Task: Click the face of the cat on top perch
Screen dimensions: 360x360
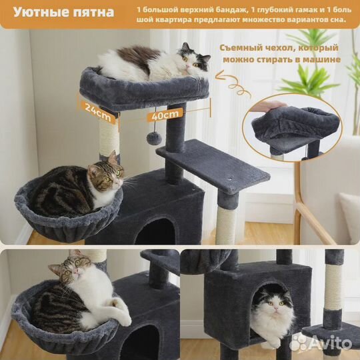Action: [x=193, y=62]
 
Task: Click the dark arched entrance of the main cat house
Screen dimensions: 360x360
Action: [x=156, y=232]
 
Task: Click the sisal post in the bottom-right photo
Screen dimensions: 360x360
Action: [x=333, y=287]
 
